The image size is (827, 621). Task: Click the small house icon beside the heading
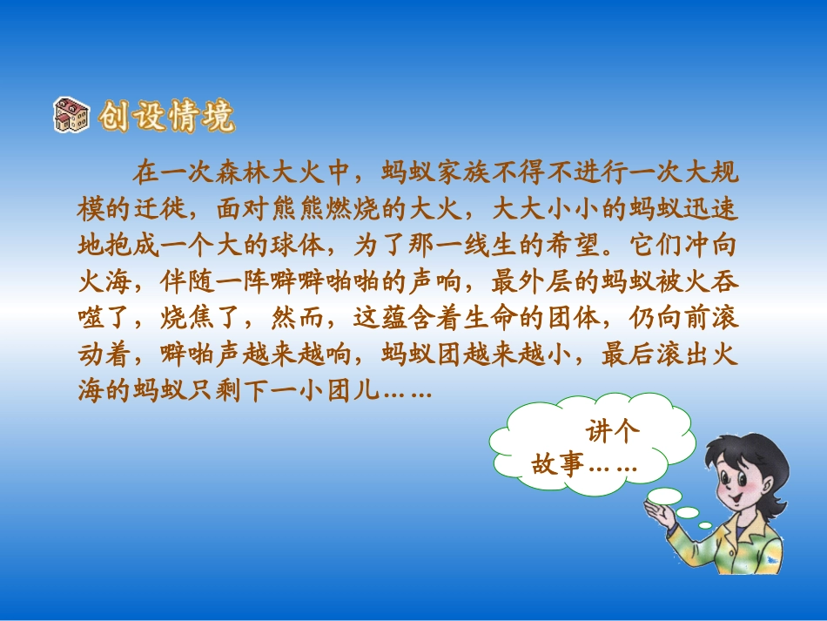click(71, 115)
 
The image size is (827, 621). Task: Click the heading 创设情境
click(165, 117)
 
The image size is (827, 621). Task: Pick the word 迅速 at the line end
click(713, 208)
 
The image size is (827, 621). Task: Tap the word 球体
click(298, 245)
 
